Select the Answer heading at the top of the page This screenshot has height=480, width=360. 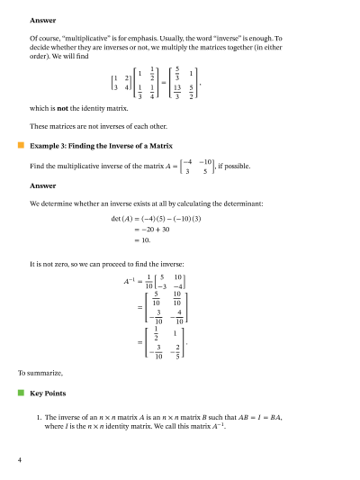[42, 20]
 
